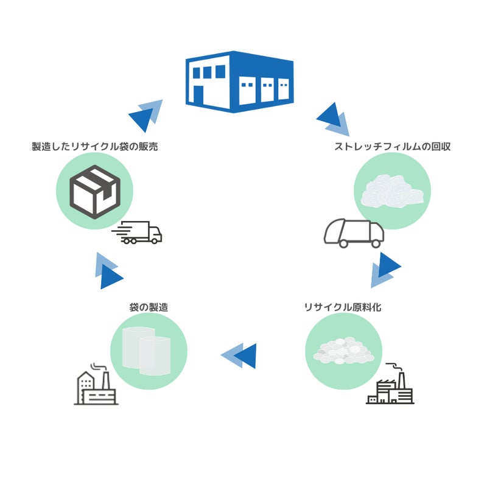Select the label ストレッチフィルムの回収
(392, 147)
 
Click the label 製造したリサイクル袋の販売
(95, 147)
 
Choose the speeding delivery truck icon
(139, 233)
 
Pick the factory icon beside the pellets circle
(390, 385)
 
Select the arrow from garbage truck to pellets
(385, 270)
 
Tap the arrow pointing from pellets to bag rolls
(239, 356)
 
